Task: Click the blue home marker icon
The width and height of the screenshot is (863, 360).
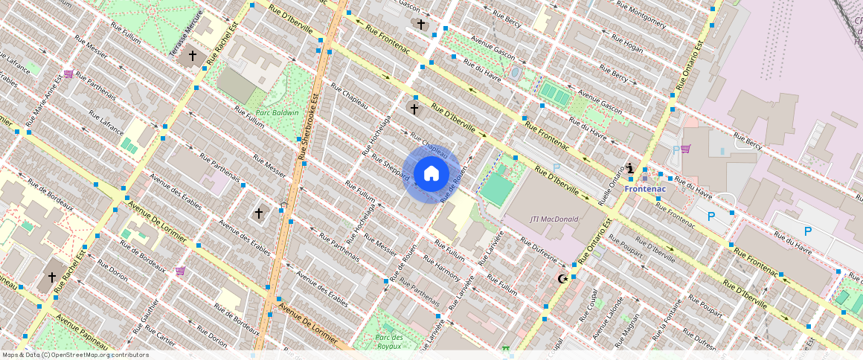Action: (x=431, y=174)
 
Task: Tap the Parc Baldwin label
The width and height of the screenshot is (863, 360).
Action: (x=277, y=113)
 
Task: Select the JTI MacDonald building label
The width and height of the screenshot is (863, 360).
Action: (x=554, y=219)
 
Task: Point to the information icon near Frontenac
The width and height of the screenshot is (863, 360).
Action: (x=630, y=169)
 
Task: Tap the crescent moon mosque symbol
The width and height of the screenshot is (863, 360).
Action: (x=562, y=279)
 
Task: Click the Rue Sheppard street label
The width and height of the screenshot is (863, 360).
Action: (x=391, y=168)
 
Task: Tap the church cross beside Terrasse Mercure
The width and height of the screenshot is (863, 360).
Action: (x=192, y=56)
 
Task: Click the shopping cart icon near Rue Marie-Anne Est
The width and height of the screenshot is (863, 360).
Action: (x=68, y=74)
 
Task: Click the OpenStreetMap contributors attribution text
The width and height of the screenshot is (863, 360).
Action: (x=75, y=355)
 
